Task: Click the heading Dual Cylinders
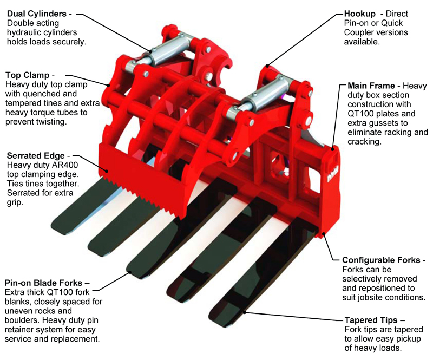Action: click(37, 14)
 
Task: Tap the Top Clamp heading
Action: click(28, 75)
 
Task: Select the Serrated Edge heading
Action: click(36, 156)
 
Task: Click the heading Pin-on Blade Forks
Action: click(43, 283)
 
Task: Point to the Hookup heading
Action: click(360, 14)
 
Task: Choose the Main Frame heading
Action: click(371, 86)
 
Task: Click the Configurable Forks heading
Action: click(381, 260)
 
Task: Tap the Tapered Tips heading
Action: click(371, 320)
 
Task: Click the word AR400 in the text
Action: click(65, 165)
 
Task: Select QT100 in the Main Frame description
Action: click(362, 114)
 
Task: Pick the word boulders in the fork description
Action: click(22, 320)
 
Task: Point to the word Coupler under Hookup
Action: click(359, 32)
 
